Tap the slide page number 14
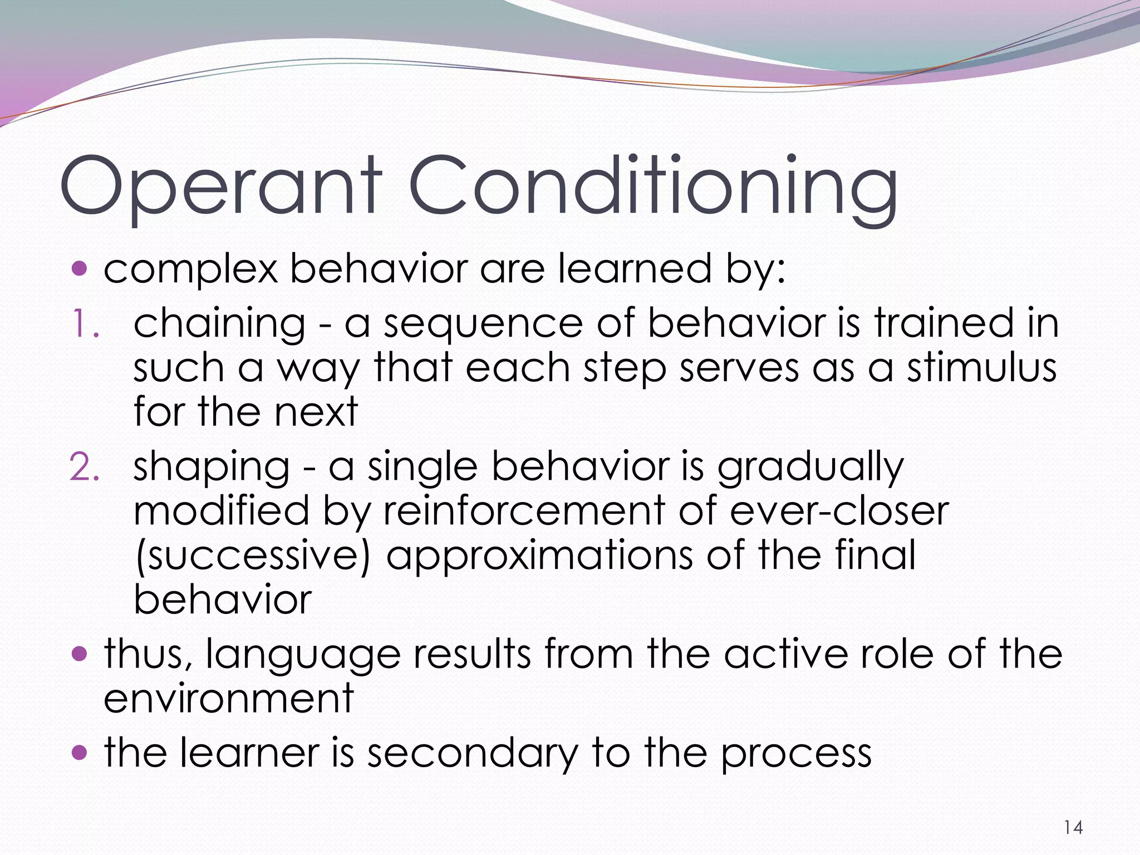tap(1073, 828)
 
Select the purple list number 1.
tap(84, 324)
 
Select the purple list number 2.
tap(84, 467)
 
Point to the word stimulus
tap(981, 368)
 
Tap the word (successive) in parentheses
tap(252, 556)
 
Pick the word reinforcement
tap(524, 511)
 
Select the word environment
tap(228, 698)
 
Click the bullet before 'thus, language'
tap(80, 653)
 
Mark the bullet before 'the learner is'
tap(80, 753)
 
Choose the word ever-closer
tap(839, 511)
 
